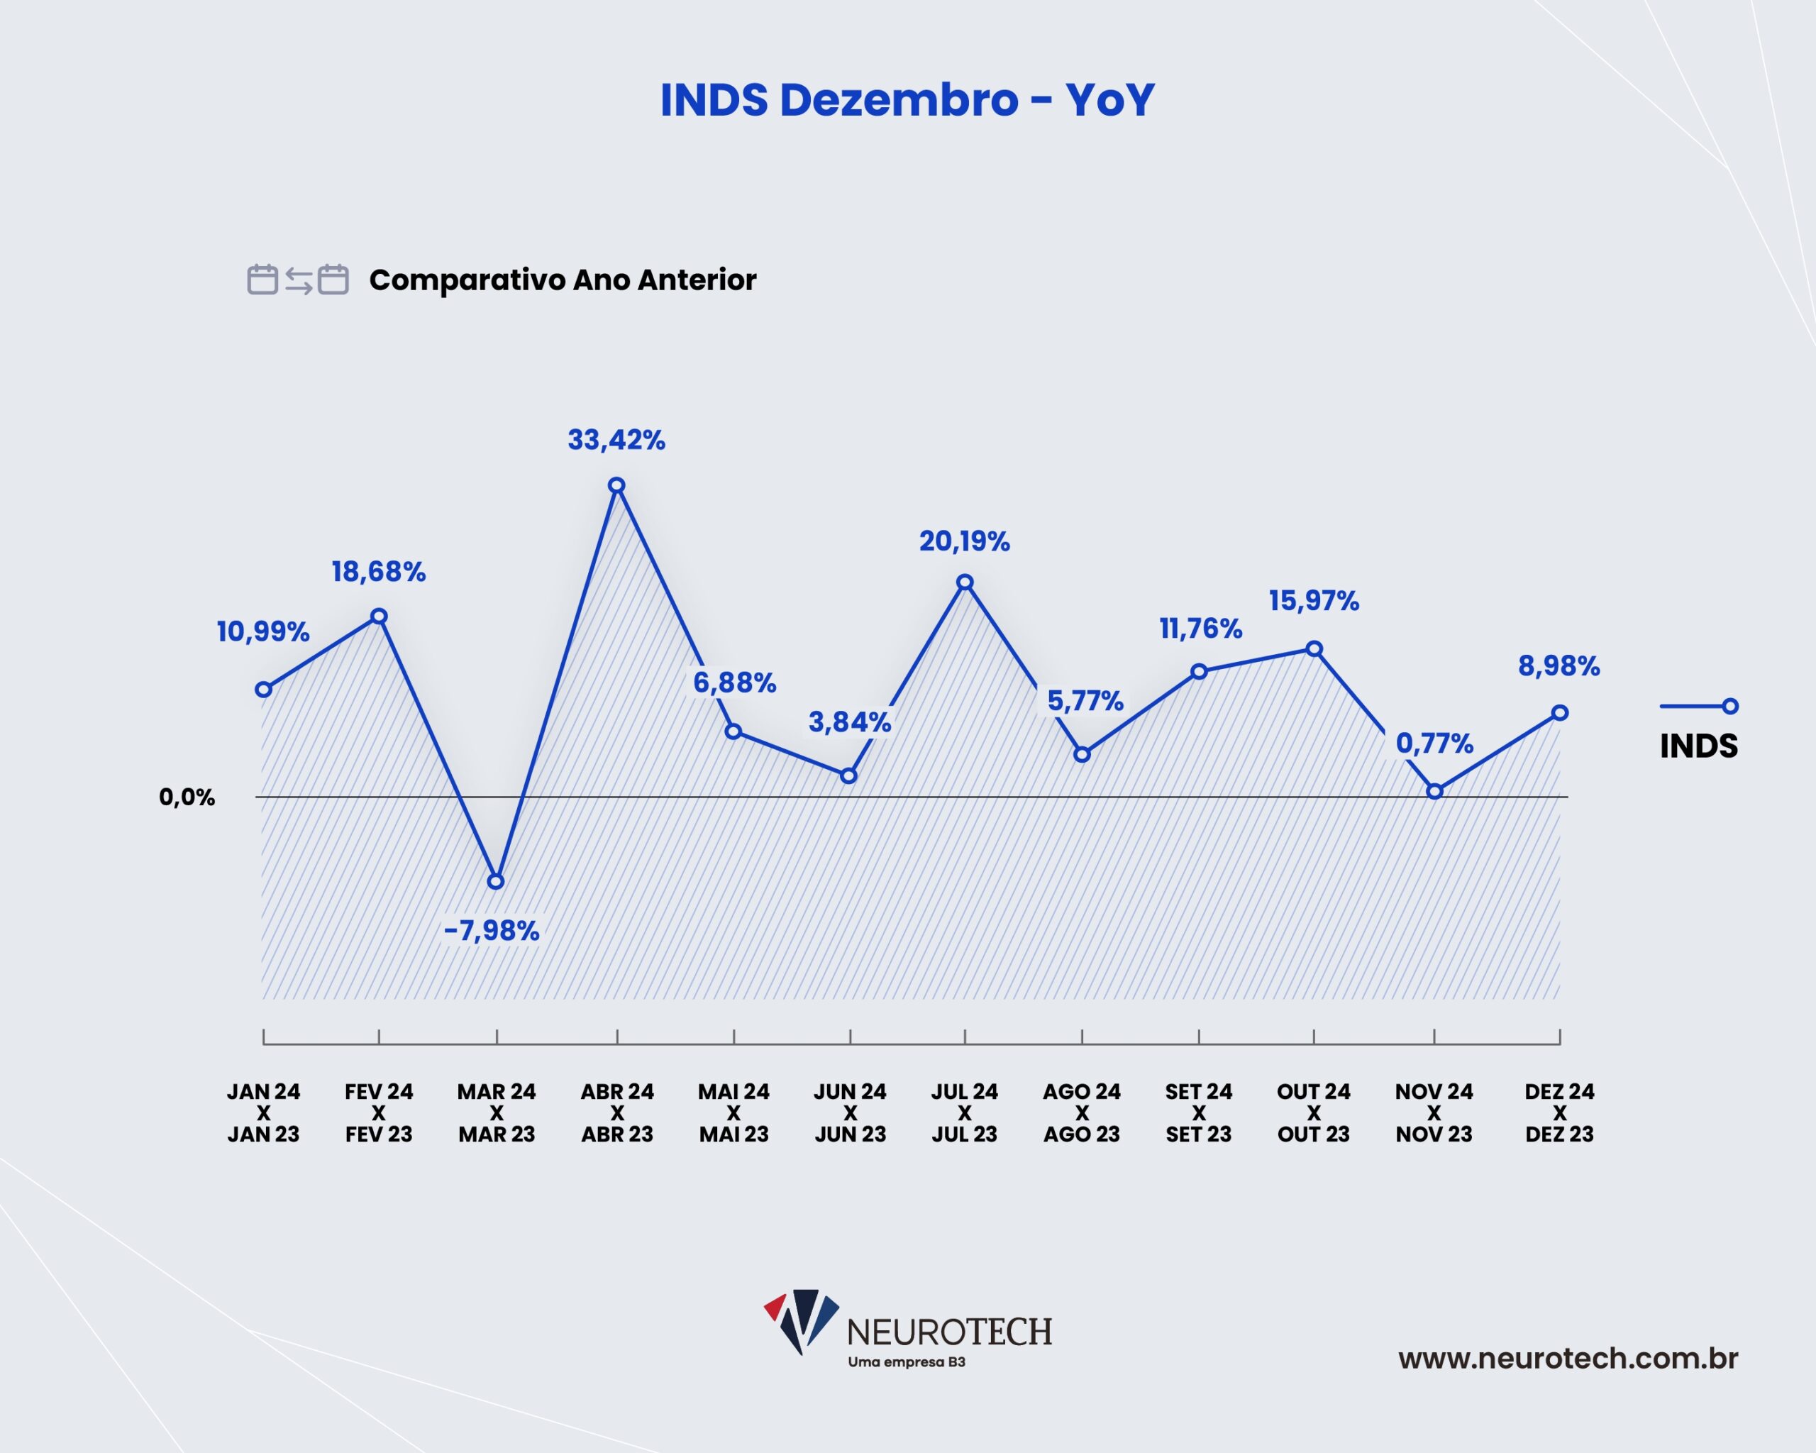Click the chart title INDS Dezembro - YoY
907,100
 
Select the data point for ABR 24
616,485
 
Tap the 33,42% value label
616,440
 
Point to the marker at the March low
496,881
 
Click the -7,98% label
492,930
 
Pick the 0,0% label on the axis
187,797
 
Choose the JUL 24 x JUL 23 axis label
965,1112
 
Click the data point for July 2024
965,582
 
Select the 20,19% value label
965,541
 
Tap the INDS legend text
1698,746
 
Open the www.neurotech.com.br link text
1568,1358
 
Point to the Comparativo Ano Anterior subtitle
563,280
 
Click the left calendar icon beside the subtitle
262,280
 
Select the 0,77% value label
1434,743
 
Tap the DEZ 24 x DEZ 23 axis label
1559,1112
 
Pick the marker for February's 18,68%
379,617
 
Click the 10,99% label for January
262,631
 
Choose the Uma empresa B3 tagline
907,1362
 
